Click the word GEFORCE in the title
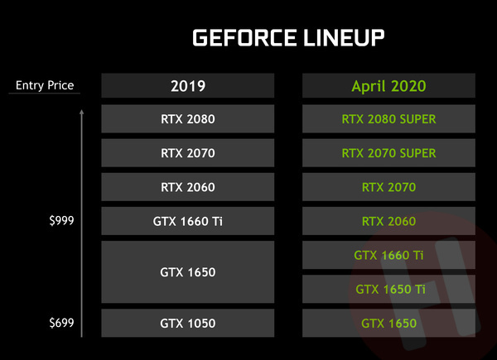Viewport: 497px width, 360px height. [x=244, y=38]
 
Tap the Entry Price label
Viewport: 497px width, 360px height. [x=45, y=85]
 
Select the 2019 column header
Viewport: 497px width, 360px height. [x=188, y=86]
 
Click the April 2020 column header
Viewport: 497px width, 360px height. [x=388, y=86]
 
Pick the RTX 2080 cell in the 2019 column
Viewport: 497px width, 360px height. [x=188, y=119]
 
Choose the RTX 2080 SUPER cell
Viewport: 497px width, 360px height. [x=388, y=119]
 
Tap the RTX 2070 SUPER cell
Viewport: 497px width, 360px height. [x=388, y=153]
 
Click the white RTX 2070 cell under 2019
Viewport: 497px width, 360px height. [x=188, y=153]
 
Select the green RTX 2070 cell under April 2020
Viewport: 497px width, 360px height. [x=388, y=187]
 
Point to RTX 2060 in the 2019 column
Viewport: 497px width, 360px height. [x=188, y=187]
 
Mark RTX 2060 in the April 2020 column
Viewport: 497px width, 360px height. [x=388, y=221]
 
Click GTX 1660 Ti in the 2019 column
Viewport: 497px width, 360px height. [x=188, y=221]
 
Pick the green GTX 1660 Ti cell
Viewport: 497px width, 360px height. [x=388, y=255]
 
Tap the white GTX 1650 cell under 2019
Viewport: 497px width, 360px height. [x=188, y=272]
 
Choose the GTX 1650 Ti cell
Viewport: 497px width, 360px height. [x=388, y=289]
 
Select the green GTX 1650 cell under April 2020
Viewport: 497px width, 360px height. [x=388, y=324]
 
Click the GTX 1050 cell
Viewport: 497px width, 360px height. [x=188, y=324]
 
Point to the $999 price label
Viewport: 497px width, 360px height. [x=61, y=220]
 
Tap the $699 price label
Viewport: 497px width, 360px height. [x=61, y=323]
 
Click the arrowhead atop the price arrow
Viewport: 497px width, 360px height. [x=82, y=112]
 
